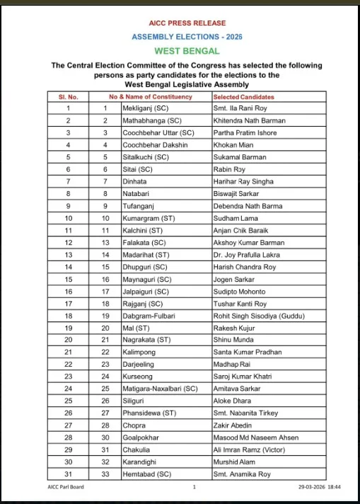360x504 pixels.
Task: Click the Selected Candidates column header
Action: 243,96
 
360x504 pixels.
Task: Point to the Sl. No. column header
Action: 68,96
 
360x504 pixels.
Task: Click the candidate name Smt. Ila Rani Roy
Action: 240,108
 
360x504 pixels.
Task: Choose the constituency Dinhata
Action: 136,181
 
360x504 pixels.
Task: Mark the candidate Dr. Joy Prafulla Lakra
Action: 248,255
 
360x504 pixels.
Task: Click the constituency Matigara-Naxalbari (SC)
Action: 160,389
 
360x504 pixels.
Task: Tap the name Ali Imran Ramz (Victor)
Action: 248,449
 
